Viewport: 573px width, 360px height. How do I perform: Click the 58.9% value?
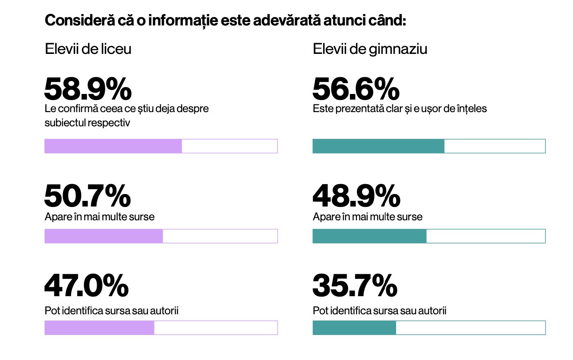pos(88,89)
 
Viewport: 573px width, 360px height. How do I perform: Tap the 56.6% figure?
pos(356,89)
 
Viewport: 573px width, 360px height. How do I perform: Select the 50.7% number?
pos(88,196)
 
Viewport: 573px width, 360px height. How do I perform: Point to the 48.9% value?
pos(356,196)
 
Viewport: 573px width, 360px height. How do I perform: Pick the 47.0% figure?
pos(86,286)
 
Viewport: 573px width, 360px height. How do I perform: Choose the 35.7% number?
pos(355,286)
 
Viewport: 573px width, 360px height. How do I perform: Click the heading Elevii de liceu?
pos(88,49)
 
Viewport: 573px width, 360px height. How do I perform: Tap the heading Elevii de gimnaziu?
pos(370,49)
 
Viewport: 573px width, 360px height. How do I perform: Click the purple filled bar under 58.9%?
pos(113,146)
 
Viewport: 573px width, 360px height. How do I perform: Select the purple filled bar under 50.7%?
pos(104,236)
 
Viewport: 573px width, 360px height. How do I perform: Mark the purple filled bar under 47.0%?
pos(99,328)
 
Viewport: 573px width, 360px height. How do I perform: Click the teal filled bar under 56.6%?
pos(378,146)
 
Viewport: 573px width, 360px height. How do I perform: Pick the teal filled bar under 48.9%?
pos(369,236)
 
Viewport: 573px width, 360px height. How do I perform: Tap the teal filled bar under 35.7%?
pos(354,328)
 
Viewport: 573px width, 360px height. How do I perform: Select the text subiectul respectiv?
pos(88,123)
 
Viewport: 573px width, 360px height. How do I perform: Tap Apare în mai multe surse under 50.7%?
pos(100,216)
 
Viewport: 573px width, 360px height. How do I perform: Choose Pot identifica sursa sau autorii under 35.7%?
pos(379,310)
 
